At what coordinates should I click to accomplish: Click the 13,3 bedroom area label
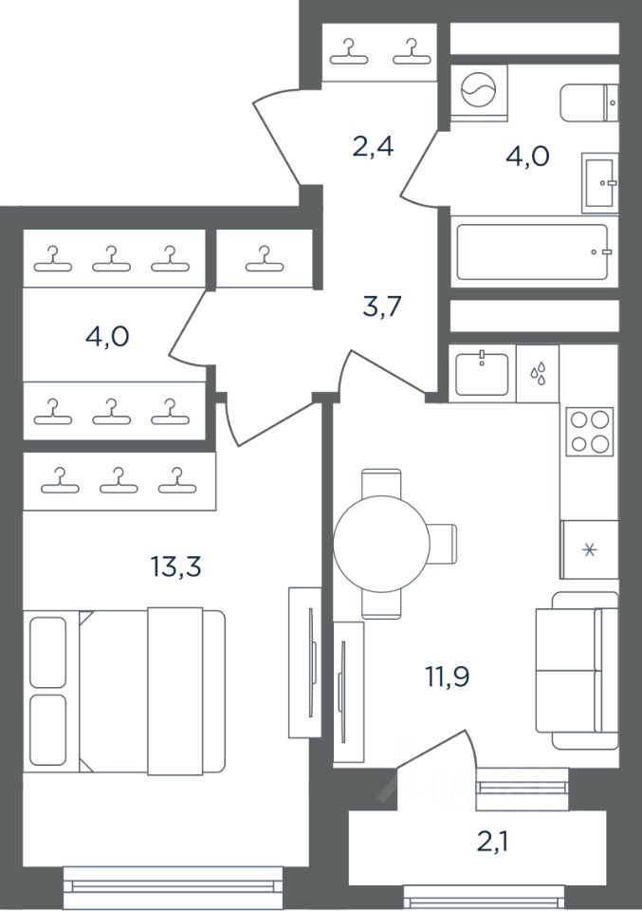[175, 566]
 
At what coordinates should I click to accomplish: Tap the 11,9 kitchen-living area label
[447, 676]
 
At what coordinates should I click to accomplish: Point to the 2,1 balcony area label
[493, 840]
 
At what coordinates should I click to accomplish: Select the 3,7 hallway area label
[382, 307]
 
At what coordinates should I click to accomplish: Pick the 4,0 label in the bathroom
[527, 157]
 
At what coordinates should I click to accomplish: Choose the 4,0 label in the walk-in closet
[107, 336]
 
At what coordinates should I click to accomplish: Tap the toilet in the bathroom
[589, 102]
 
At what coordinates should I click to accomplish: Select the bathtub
[534, 252]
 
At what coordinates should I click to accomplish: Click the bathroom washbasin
[599, 182]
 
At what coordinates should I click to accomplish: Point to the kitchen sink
[482, 374]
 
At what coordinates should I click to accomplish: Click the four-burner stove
[590, 432]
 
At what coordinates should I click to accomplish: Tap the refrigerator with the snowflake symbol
[589, 549]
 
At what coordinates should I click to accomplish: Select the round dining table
[381, 543]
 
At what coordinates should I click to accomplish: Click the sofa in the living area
[577, 671]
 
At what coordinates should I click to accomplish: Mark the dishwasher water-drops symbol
[538, 374]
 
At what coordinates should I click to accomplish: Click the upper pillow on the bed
[47, 653]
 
